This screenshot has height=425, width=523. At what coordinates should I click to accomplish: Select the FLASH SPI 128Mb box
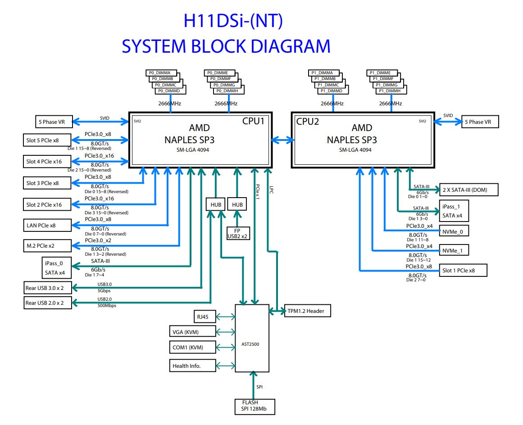(255, 406)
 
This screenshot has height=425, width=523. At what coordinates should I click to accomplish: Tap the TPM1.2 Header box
(307, 311)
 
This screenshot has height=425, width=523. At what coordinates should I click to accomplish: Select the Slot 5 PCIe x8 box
(46, 140)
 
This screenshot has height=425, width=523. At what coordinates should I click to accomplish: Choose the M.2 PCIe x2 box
(46, 245)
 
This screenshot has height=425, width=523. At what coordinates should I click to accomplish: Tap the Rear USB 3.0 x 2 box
(46, 288)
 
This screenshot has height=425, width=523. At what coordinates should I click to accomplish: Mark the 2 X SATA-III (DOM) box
(469, 190)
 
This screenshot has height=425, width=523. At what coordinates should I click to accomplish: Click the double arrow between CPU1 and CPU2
(282, 140)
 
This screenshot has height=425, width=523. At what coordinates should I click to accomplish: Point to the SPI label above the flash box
(260, 387)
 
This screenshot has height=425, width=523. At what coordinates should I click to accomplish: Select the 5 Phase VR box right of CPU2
(480, 122)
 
